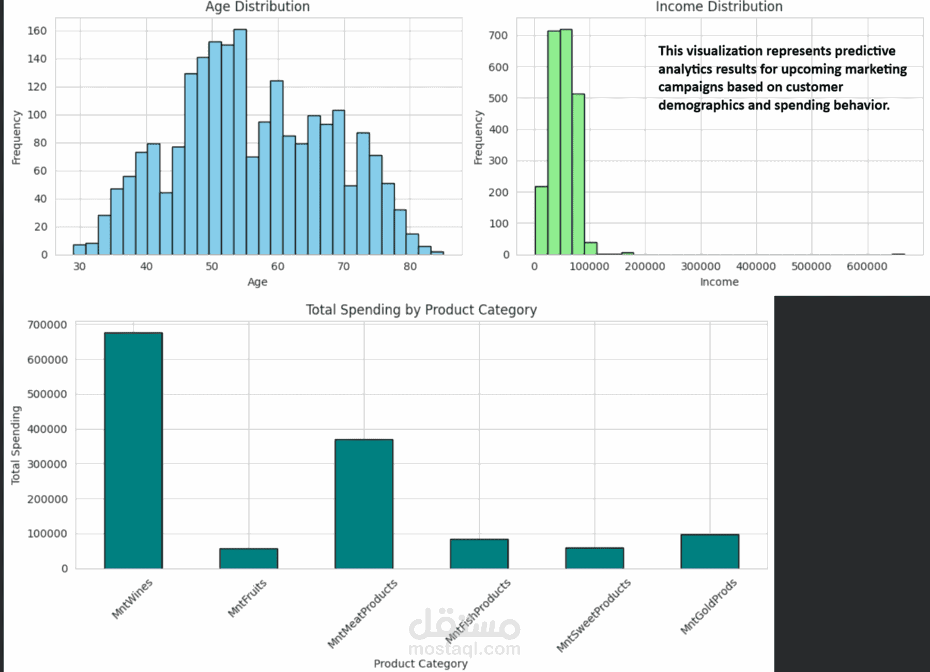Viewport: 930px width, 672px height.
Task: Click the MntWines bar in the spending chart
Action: (133, 450)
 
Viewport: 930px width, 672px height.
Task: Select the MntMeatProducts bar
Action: (363, 503)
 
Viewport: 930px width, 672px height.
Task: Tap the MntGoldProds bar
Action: (709, 551)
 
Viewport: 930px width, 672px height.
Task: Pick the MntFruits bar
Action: (248, 558)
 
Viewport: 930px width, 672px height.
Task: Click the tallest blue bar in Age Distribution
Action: (240, 142)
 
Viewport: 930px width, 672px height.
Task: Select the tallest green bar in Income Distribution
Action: (566, 142)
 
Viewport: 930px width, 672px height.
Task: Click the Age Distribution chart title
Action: (257, 7)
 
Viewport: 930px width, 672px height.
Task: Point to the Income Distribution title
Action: (719, 7)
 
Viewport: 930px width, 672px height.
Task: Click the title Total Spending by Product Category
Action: (421, 310)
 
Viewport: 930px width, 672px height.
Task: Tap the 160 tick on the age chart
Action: (37, 31)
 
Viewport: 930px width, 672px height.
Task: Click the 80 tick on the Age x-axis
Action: (409, 267)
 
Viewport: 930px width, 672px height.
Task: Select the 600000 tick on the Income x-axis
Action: (866, 267)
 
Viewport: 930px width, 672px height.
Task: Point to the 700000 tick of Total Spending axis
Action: (47, 325)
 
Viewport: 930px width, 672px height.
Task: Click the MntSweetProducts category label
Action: (593, 615)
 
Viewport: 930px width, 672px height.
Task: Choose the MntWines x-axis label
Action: (132, 599)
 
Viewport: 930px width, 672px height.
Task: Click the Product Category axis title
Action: (420, 663)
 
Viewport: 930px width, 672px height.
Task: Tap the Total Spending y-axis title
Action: (16, 445)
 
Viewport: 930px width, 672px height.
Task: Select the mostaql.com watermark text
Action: (464, 648)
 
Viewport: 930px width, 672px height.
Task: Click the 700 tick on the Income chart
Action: (498, 36)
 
